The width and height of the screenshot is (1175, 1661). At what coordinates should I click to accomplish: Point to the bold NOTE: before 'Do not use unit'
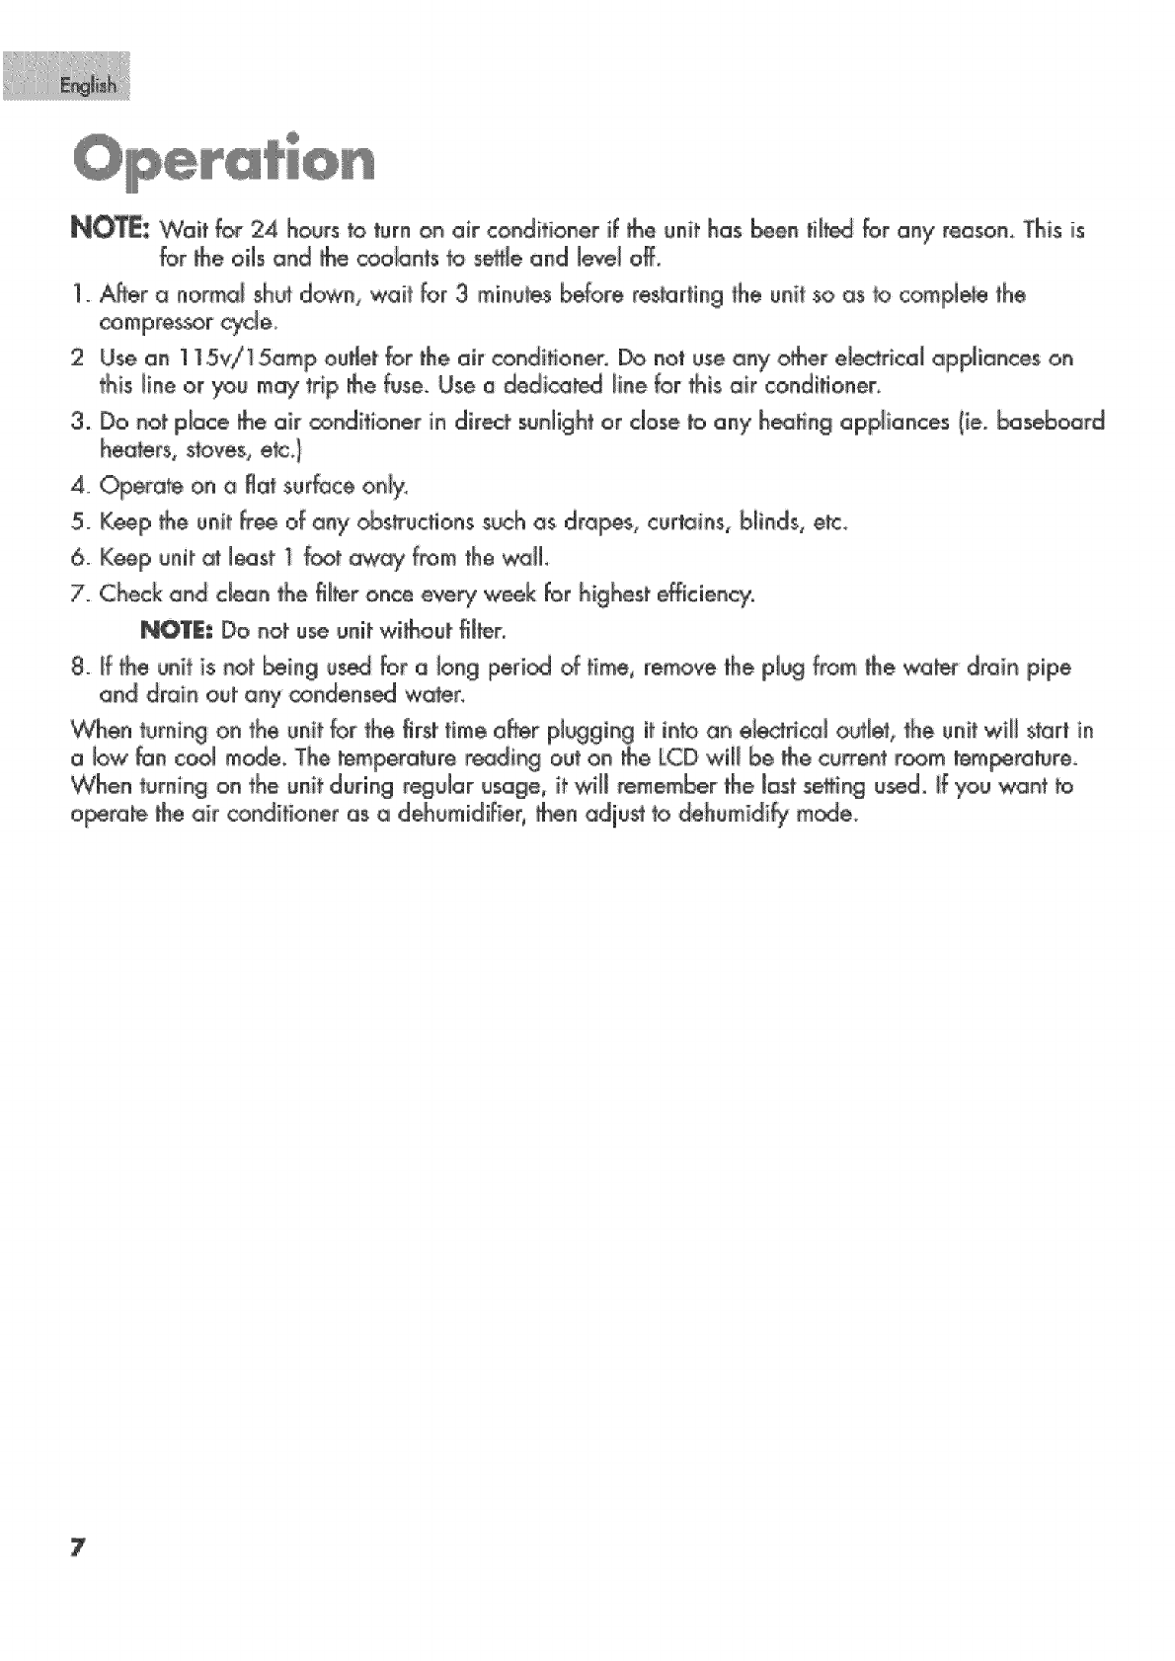point(180,629)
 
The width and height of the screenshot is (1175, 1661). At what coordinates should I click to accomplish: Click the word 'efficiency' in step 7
point(704,594)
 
